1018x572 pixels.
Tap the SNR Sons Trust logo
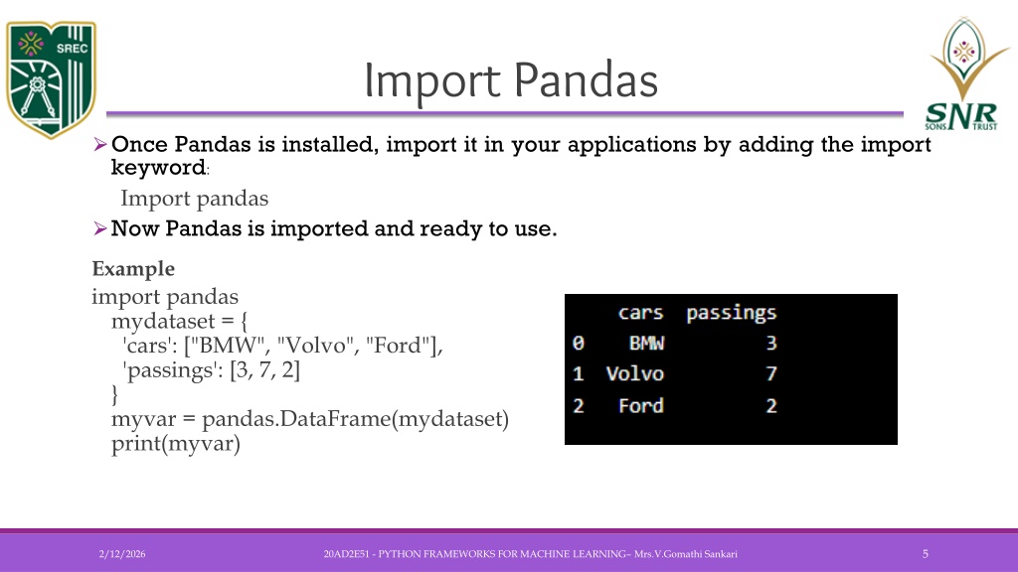click(964, 73)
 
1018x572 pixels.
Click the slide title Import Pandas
click(511, 80)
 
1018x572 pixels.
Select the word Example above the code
click(133, 268)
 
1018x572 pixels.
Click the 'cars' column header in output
click(640, 313)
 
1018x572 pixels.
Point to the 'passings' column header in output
click(731, 314)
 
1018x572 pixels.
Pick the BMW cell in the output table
click(646, 343)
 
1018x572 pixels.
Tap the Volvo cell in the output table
click(635, 373)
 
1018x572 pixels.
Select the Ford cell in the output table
click(641, 405)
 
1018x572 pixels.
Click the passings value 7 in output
click(771, 373)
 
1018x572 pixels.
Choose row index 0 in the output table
click(579, 343)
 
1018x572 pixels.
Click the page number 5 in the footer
click(926, 554)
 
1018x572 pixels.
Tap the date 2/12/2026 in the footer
click(122, 554)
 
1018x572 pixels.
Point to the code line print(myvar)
click(176, 444)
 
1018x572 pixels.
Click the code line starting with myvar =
click(310, 419)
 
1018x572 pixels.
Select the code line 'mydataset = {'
click(179, 321)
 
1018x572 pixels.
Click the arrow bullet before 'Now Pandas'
click(100, 228)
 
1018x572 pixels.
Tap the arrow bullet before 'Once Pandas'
click(100, 144)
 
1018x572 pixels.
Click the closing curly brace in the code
click(115, 394)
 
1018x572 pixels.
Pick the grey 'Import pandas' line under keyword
click(194, 199)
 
